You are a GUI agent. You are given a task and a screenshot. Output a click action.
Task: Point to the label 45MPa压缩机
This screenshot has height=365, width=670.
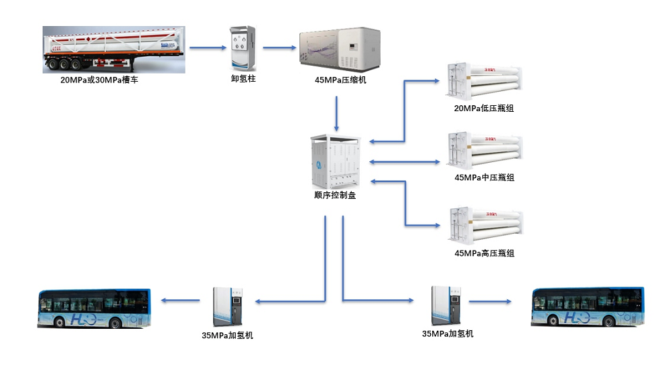[x=340, y=81]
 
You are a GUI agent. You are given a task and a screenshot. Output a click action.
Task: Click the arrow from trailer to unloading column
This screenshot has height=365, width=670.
[x=207, y=48]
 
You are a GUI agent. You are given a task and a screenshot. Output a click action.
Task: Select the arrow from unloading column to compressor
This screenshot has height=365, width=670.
[x=279, y=48]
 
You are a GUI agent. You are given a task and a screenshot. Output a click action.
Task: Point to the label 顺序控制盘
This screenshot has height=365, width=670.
[x=335, y=196]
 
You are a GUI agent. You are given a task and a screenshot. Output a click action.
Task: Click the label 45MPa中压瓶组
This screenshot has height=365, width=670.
[x=484, y=178]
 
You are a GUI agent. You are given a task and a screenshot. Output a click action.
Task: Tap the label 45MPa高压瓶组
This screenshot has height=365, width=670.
[x=484, y=254]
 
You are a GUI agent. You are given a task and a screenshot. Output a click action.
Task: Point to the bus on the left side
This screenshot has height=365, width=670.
[x=94, y=309]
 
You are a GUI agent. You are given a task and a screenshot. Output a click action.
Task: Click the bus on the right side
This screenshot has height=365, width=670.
[x=587, y=307]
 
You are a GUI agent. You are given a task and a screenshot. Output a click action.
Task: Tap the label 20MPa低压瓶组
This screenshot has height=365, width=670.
[x=484, y=108]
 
